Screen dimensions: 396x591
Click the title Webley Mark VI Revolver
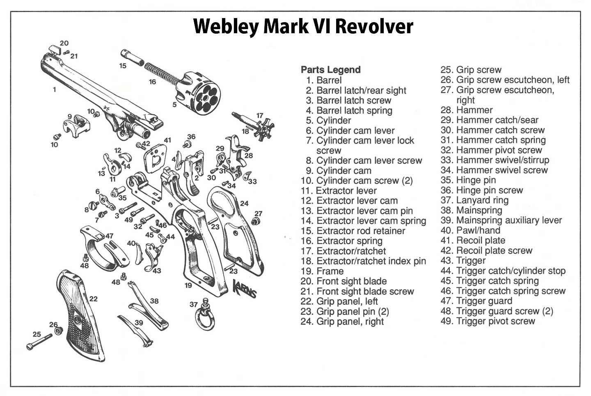tap(303, 27)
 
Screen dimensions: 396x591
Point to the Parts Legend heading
tap(330, 70)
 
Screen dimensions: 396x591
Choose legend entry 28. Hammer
tap(466, 110)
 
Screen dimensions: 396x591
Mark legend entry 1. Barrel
tap(323, 80)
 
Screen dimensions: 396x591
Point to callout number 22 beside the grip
tap(94, 299)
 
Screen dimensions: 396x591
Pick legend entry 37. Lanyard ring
tap(474, 200)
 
